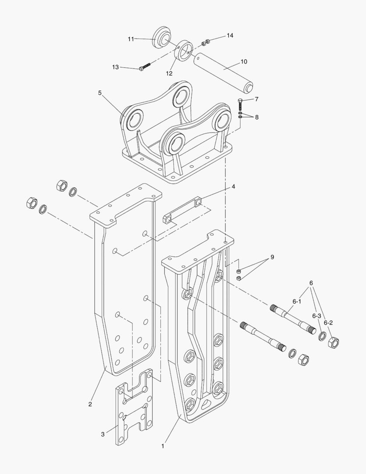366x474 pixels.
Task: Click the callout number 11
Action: coord(131,39)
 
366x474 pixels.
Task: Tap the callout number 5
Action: coord(99,93)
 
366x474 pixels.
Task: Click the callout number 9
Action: coord(272,257)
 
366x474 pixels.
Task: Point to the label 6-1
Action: coord(297,302)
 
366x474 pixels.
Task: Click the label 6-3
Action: coord(316,316)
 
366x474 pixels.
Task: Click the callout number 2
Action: coord(90,404)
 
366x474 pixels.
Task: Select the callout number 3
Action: coord(103,434)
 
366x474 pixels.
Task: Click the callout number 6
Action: coord(311,283)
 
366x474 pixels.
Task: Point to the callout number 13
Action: coord(115,67)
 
